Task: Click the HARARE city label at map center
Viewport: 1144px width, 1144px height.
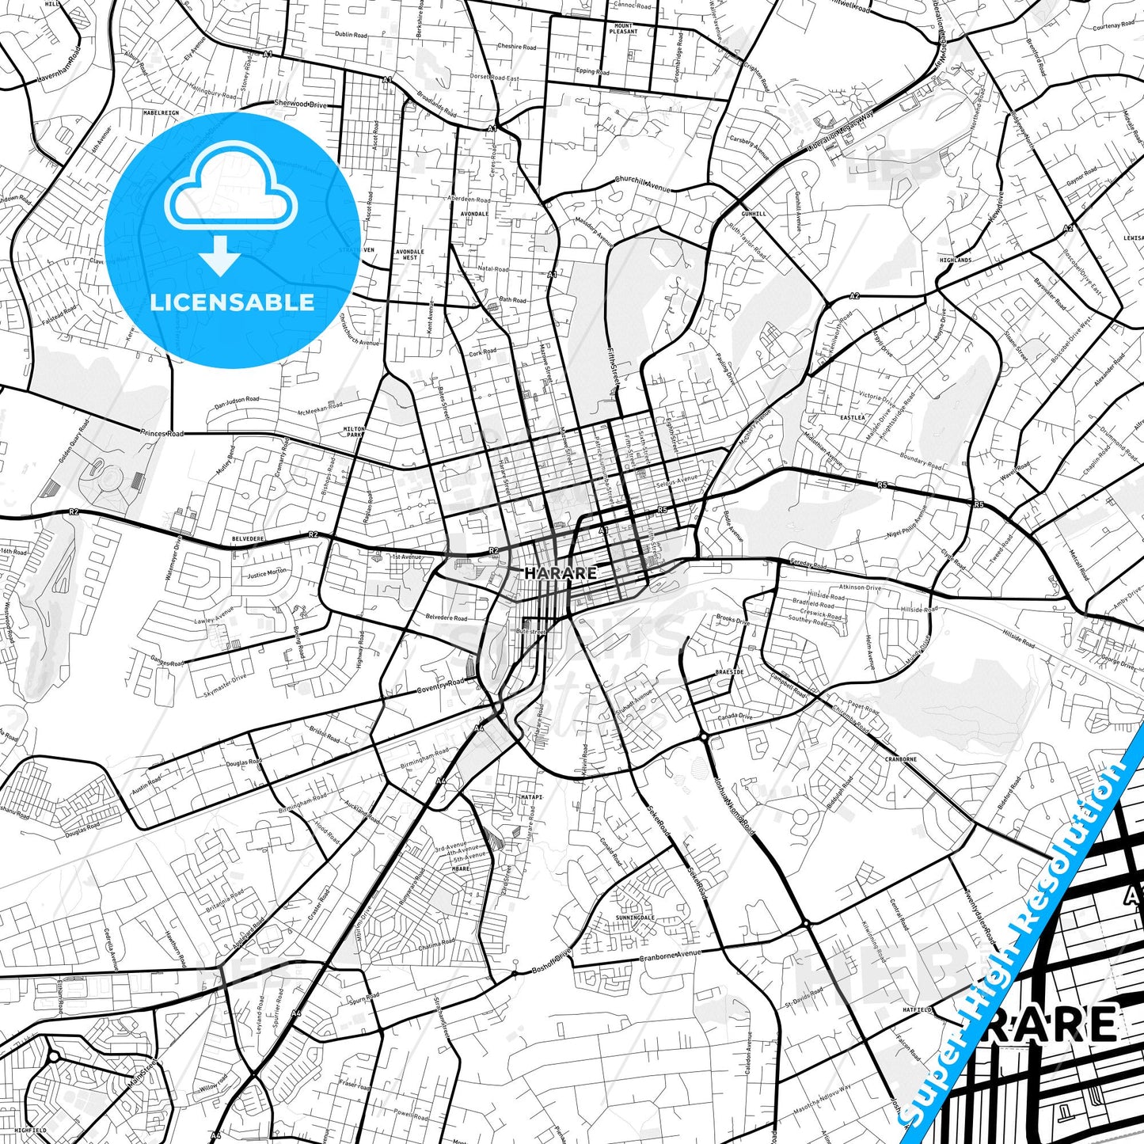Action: click(x=561, y=572)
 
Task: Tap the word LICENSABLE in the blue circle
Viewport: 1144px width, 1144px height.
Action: click(x=232, y=302)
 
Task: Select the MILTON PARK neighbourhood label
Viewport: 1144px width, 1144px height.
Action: click(x=354, y=431)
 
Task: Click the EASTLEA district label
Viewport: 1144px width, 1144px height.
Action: click(x=853, y=417)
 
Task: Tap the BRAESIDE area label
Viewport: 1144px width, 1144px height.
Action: click(x=729, y=672)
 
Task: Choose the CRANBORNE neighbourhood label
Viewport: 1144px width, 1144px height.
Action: click(x=901, y=759)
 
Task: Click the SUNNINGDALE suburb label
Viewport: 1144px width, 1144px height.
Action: click(x=635, y=918)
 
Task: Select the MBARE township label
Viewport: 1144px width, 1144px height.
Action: click(x=461, y=868)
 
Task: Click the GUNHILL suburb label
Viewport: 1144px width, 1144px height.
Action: click(x=754, y=214)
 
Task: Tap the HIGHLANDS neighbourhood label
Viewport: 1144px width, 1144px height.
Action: click(x=956, y=260)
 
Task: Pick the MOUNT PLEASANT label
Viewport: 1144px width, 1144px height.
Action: click(x=624, y=29)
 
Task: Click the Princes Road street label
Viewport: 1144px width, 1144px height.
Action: click(x=162, y=434)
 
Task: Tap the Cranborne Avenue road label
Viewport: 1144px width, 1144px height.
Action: click(x=671, y=956)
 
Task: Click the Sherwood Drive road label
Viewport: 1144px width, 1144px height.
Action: click(x=300, y=104)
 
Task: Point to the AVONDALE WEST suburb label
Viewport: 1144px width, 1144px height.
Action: click(x=409, y=254)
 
